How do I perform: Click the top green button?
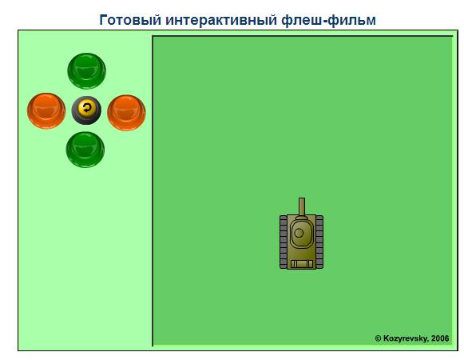click(86, 70)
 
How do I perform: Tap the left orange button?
click(46, 111)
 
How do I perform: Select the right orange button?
click(126, 112)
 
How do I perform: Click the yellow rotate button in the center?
click(87, 110)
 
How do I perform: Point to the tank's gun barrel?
click(302, 207)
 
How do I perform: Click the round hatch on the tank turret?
click(299, 233)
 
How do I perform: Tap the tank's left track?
click(284, 242)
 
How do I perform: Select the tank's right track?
click(319, 242)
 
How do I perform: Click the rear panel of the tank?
click(302, 264)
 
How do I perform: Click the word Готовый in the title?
click(130, 20)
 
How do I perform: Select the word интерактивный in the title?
click(221, 20)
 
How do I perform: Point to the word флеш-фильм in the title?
click(328, 20)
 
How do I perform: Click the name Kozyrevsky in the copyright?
click(406, 338)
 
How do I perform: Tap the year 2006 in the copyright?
click(440, 338)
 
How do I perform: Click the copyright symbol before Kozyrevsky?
click(378, 338)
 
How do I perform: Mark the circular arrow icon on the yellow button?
click(87, 107)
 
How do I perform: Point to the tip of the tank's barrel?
click(302, 198)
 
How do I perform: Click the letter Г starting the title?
click(103, 20)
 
